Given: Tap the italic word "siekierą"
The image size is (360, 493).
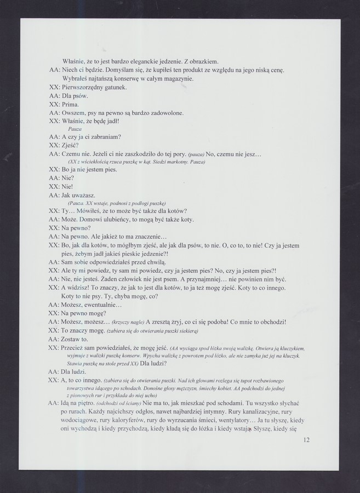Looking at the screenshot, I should [x=186, y=332].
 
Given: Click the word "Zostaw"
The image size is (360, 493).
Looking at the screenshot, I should [x=72, y=339].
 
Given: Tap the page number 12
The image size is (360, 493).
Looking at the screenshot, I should [x=306, y=440].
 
